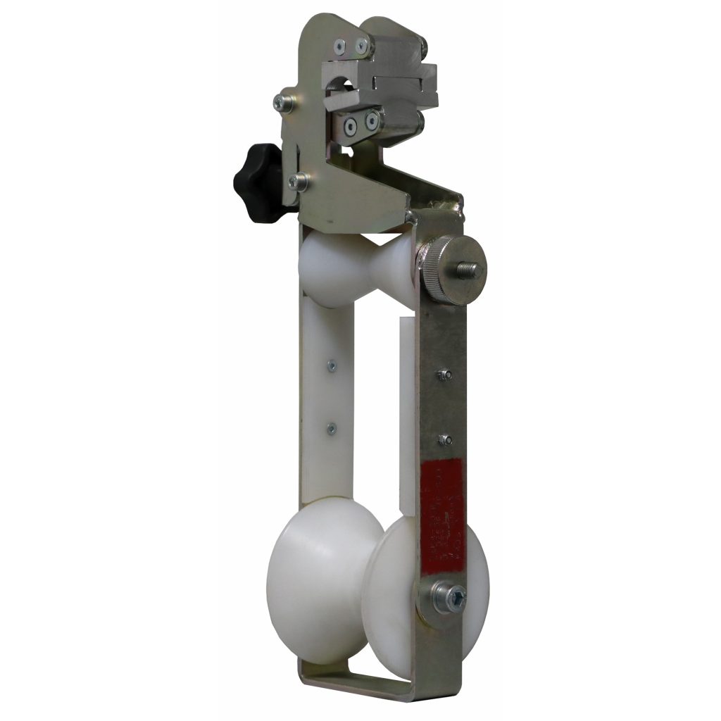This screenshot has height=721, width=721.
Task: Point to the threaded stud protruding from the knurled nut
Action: [470, 269]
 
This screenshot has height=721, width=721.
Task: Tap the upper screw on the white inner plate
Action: [330, 365]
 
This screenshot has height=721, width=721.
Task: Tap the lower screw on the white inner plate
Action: [330, 427]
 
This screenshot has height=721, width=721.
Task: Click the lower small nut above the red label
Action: [444, 440]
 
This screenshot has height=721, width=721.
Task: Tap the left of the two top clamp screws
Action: [339, 46]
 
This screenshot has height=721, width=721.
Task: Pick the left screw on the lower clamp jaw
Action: [350, 126]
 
